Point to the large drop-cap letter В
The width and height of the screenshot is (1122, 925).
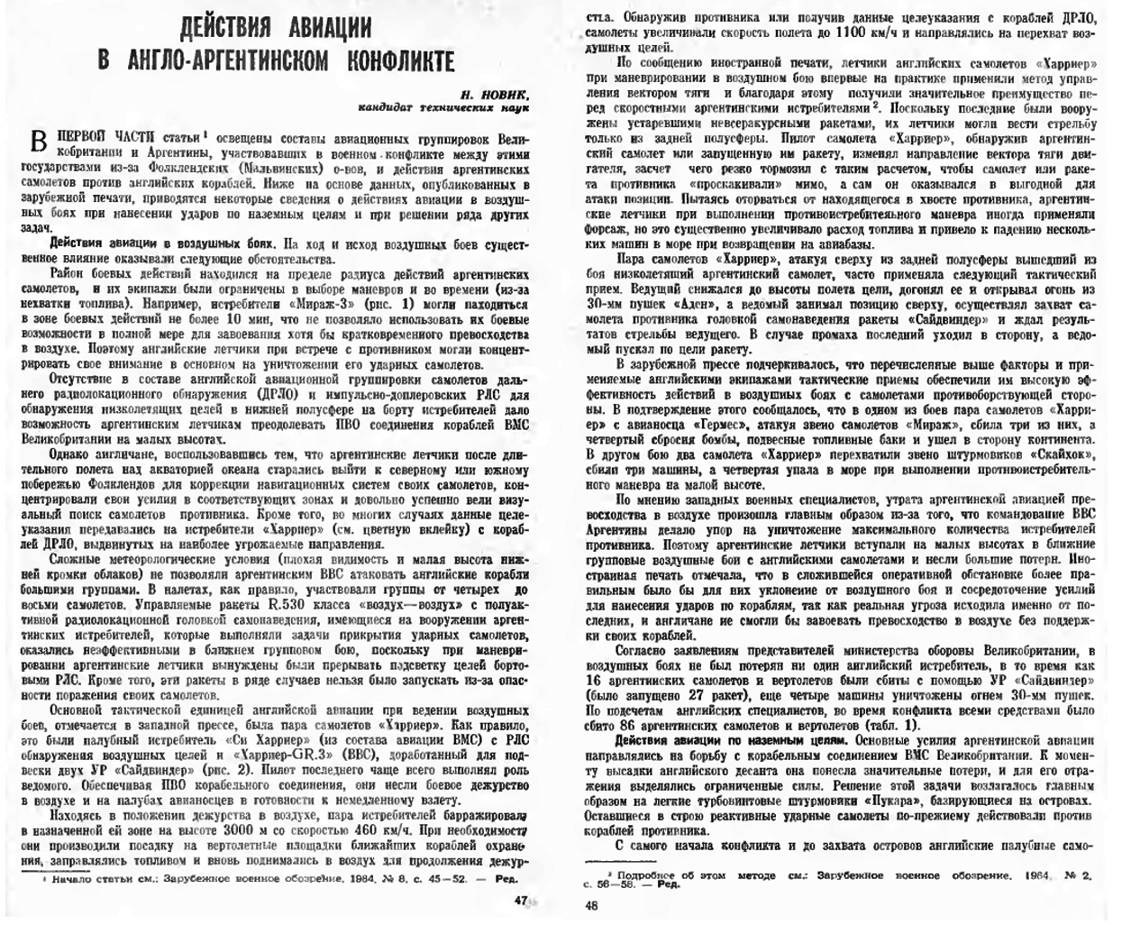pyautogui.click(x=38, y=141)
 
